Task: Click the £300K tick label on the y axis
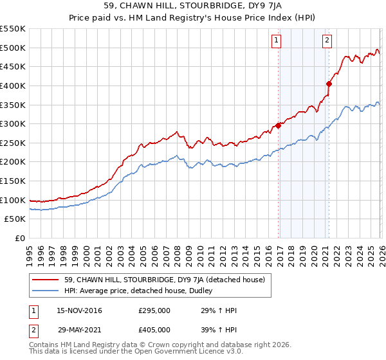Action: tap(13, 123)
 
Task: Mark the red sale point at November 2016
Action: tap(279, 125)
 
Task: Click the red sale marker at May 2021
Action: tap(329, 83)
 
